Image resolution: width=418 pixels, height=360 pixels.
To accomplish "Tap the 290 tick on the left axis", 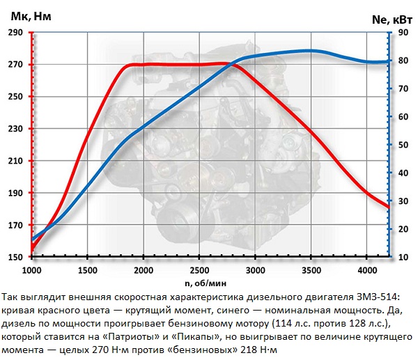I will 15,33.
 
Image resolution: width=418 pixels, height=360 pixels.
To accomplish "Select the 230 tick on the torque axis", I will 15,129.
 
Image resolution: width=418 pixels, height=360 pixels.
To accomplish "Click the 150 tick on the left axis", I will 15,257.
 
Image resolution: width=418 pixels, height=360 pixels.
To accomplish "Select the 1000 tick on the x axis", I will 32,269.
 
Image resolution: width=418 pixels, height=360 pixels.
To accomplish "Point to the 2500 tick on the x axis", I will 199,269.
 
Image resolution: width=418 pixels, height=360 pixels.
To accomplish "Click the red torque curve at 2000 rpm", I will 144,65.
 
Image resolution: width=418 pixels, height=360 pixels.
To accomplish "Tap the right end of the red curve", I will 388,207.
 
